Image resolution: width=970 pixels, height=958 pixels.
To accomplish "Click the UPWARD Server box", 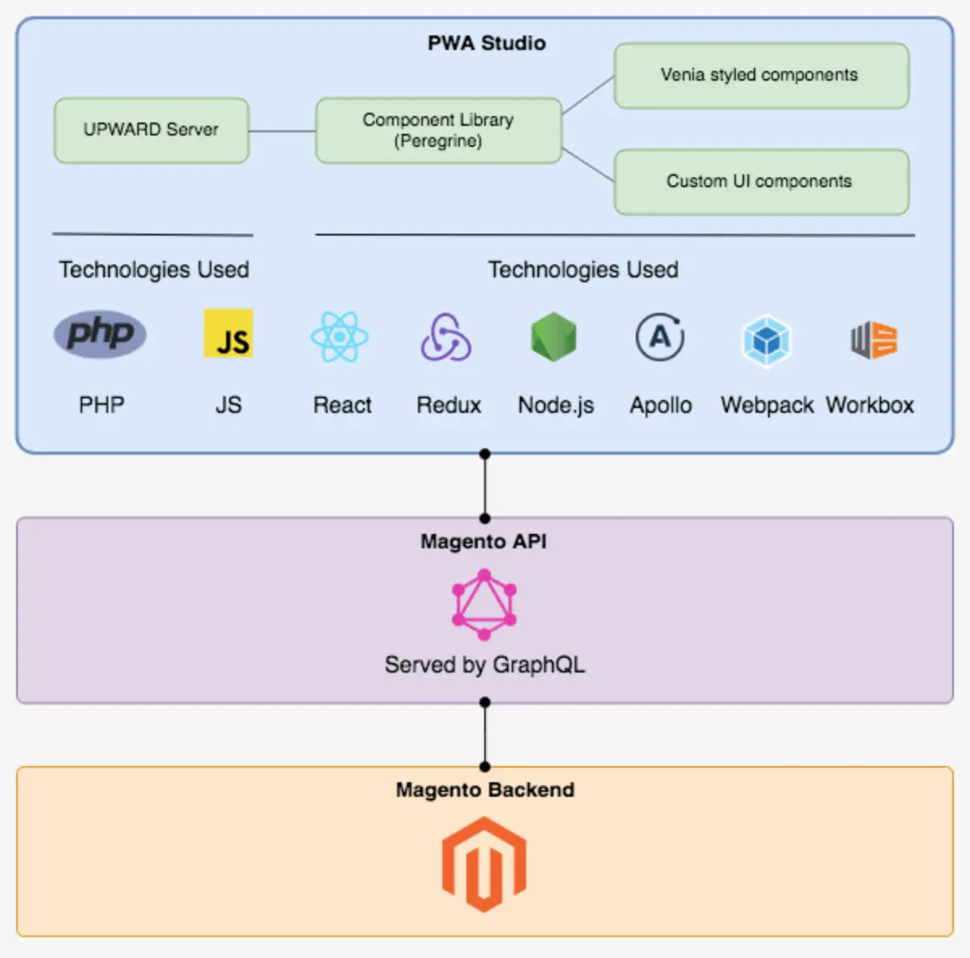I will click(151, 130).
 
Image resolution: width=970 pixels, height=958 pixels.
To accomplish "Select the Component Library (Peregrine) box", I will click(438, 131).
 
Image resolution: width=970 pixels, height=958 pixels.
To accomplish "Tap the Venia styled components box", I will click(761, 76).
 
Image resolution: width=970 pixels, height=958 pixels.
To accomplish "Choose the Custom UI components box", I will click(761, 181).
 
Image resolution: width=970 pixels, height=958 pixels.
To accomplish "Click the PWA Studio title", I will click(486, 44).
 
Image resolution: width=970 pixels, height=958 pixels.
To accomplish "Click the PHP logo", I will click(100, 333).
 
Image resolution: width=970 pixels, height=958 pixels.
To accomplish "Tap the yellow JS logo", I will click(228, 333).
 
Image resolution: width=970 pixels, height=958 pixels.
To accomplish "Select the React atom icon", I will click(340, 337).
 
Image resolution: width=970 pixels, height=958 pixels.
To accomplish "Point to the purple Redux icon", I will click(446, 338).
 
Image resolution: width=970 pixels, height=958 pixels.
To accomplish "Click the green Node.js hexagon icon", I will click(554, 337).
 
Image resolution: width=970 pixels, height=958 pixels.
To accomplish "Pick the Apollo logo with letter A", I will click(660, 337).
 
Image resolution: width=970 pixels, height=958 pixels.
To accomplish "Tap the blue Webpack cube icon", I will click(766, 340).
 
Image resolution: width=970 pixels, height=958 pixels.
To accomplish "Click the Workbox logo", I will click(873, 339).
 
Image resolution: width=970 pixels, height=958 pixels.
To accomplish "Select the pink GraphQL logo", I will click(484, 605).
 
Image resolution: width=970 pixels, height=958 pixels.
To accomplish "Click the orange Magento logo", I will click(484, 864).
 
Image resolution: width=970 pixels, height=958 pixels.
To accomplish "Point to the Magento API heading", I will click(483, 542).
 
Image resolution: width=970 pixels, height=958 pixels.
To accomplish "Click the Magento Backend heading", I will click(485, 790).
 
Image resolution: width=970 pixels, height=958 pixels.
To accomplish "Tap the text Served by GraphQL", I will click(484, 664).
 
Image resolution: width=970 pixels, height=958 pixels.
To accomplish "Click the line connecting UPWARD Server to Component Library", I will click(282, 131).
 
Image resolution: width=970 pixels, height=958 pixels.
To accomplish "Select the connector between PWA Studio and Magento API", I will click(485, 486).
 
